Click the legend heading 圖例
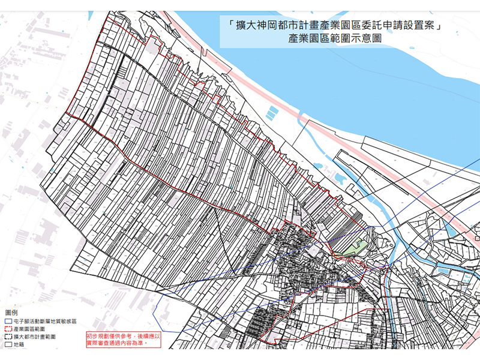11,313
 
